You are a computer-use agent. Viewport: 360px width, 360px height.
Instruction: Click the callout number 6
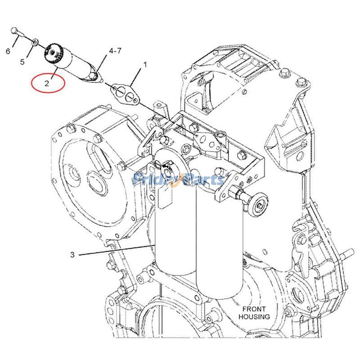(8, 51)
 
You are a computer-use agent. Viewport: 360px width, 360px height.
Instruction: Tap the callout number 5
(22, 62)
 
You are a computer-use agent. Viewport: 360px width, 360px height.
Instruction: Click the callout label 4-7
(115, 51)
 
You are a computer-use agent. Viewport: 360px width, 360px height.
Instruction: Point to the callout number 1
(145, 65)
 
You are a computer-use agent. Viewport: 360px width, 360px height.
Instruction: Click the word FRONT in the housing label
(255, 309)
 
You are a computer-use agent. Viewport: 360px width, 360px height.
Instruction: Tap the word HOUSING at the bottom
(255, 317)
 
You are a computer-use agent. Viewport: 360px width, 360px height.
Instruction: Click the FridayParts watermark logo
(179, 180)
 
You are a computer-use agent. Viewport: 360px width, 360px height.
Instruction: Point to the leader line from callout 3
(117, 250)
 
